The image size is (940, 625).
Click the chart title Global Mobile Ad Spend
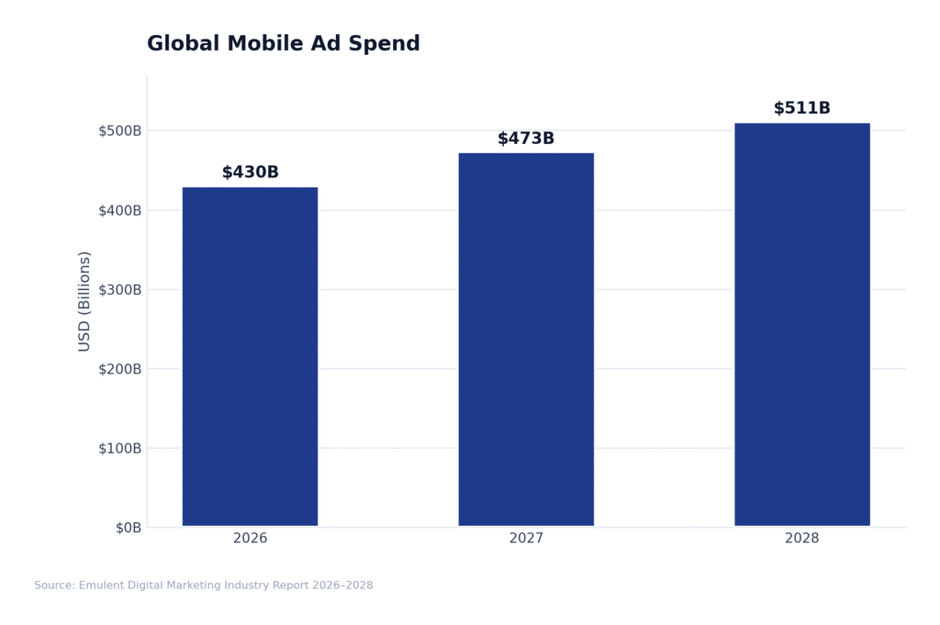coord(283,44)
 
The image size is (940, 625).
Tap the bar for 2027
coord(526,339)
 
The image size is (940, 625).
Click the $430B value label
coord(250,173)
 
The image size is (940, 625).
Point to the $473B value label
coord(526,139)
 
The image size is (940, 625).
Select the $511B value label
coord(801,108)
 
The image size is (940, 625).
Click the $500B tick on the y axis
coord(119,130)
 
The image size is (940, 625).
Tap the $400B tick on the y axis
coord(119,210)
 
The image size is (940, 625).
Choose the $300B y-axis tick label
coord(119,289)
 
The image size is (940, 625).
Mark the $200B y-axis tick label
coord(119,369)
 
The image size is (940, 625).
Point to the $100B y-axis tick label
coord(119,448)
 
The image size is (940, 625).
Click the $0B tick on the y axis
coord(128,528)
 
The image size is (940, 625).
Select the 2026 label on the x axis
coord(250,539)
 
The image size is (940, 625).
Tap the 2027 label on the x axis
coord(526,539)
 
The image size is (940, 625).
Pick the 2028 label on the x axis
coord(801,539)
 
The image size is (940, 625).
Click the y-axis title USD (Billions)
coord(84,301)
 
